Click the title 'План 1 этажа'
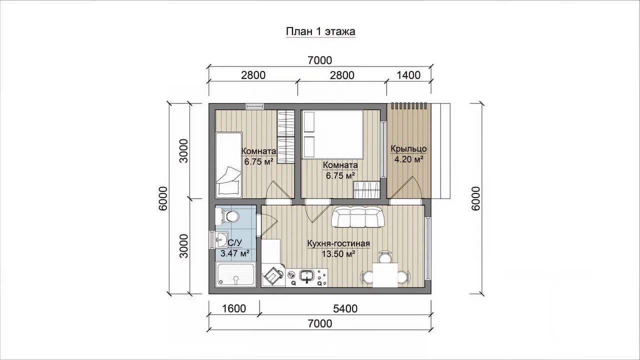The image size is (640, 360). (320, 31)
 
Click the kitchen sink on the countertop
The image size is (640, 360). (307, 276)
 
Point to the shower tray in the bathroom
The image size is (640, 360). (235, 275)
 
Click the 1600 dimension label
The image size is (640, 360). (233, 308)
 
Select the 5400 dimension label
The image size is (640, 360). (345, 308)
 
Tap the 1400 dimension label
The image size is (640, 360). (408, 75)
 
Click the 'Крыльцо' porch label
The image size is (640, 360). (408, 149)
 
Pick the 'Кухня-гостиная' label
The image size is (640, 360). (338, 243)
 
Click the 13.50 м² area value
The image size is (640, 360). (338, 253)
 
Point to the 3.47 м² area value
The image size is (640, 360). (235, 253)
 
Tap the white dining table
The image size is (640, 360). (385, 275)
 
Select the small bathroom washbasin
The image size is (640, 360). (221, 239)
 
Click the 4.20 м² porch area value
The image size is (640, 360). (408, 159)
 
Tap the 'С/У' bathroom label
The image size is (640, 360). (235, 243)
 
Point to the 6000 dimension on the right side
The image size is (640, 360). (475, 198)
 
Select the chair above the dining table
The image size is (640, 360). (385, 256)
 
